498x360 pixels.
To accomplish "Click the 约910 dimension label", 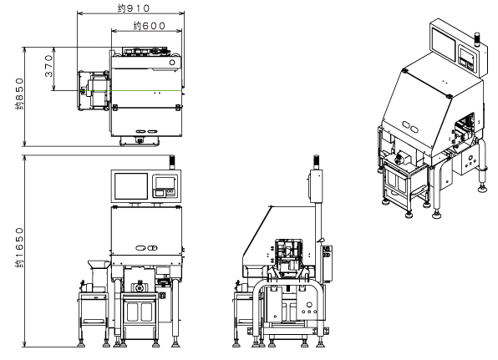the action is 134,8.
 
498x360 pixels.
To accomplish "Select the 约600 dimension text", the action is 150,25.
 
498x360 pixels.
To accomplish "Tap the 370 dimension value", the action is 48,66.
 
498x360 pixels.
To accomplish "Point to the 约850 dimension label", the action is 19,94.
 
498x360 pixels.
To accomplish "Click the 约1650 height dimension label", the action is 19,247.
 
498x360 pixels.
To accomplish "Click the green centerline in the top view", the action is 133,91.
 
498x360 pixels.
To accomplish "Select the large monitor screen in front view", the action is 131,186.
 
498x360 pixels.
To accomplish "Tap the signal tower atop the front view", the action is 172,162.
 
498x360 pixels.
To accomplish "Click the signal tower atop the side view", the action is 317,162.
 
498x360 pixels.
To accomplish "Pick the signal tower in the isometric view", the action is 477,39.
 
